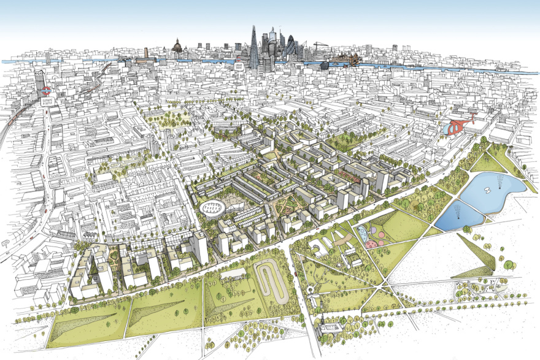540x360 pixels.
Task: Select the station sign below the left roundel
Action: [46, 103]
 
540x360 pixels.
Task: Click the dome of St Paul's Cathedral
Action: [177, 45]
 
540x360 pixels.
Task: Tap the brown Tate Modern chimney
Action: [146, 53]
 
